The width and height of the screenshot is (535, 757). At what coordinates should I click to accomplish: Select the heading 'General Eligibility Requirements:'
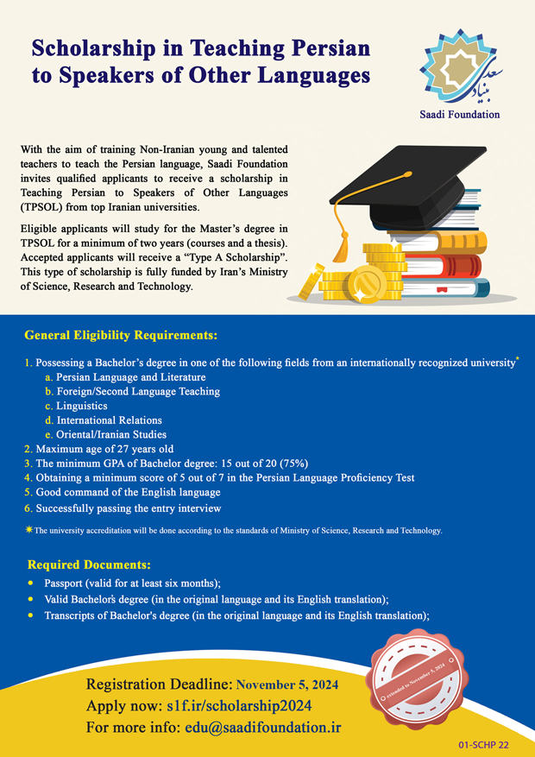tap(121, 334)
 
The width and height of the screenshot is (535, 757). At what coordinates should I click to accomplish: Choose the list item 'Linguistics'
tap(82, 406)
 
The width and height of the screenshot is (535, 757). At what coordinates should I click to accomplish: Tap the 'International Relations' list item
tap(109, 420)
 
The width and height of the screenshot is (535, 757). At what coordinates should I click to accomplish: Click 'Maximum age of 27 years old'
tap(104, 449)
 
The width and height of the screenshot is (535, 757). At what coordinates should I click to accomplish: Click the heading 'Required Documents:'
tap(89, 565)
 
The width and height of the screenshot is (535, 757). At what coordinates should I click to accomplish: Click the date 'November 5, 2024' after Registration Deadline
tap(287, 685)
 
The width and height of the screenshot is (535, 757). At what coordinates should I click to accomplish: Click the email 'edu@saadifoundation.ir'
tap(263, 728)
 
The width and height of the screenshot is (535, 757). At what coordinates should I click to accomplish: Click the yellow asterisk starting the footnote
tap(28, 530)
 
